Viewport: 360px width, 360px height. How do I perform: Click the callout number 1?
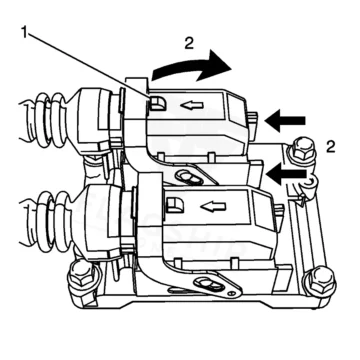pyautogui.click(x=24, y=32)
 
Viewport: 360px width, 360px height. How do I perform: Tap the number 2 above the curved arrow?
pyautogui.click(x=189, y=43)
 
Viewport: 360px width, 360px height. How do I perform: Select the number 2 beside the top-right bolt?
pyautogui.click(x=331, y=147)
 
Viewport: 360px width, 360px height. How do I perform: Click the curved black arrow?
pyautogui.click(x=190, y=67)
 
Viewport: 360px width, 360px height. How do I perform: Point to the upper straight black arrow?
pyautogui.click(x=285, y=121)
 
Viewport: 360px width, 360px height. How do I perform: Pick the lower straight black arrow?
pyautogui.click(x=286, y=174)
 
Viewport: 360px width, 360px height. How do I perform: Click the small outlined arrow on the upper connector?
pyautogui.click(x=192, y=106)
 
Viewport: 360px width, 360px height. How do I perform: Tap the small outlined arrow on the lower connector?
pyautogui.click(x=213, y=207)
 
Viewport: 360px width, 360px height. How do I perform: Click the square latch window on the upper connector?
pyautogui.click(x=157, y=103)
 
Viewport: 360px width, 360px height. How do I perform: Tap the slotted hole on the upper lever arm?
pyautogui.click(x=189, y=176)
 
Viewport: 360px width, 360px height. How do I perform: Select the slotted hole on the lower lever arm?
pyautogui.click(x=209, y=285)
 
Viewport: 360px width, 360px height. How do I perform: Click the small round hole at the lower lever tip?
pyautogui.click(x=232, y=294)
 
